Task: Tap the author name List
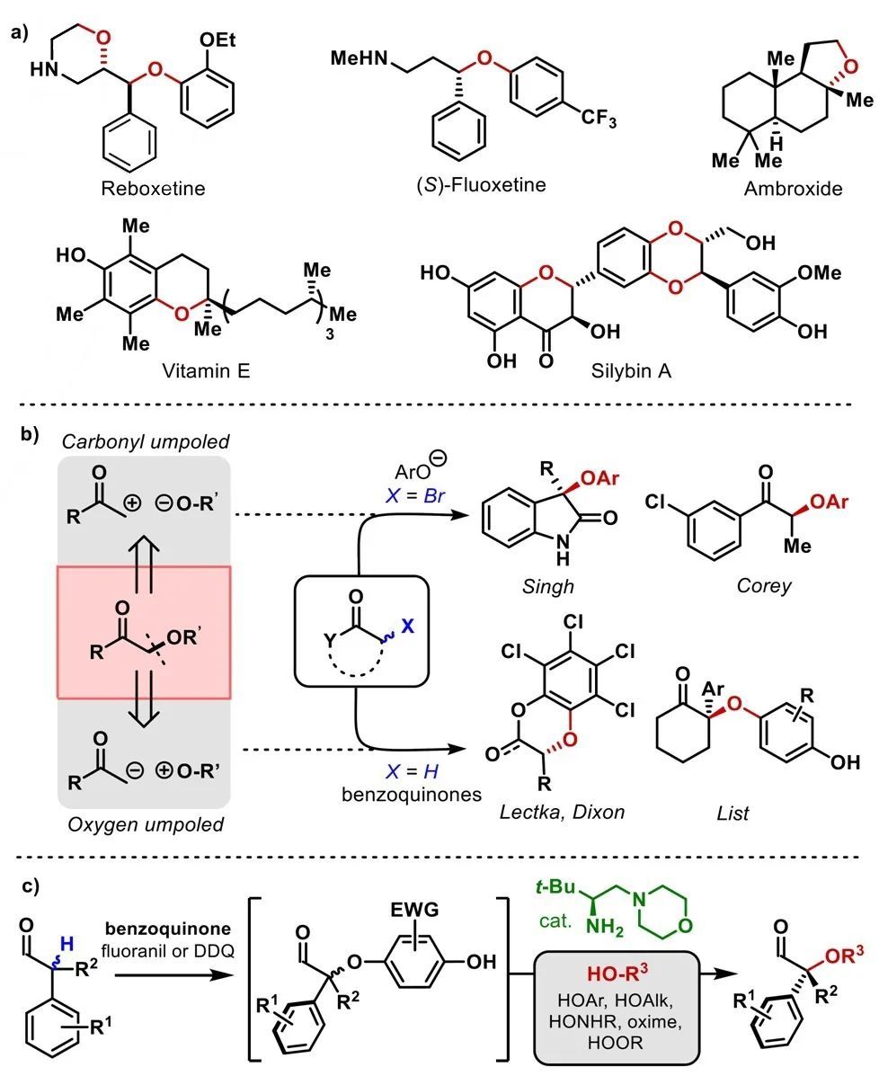coord(729,814)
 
